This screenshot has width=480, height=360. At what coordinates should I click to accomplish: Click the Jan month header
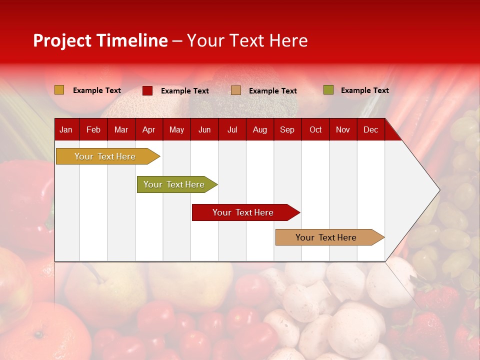pos(66,129)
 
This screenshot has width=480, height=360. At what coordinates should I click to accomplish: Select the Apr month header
pos(148,129)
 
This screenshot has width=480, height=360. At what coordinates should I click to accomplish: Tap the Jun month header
pos(204,129)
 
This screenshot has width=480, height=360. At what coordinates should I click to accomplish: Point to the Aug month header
pos(259,129)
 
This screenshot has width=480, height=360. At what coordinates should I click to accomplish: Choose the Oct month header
pos(315,129)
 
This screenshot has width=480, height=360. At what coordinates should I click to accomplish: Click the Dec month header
pos(370,129)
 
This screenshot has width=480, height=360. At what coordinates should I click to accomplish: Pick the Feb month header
pos(93,129)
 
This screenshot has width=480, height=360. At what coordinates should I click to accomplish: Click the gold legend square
pos(59,90)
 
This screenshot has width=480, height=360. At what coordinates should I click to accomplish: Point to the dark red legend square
pos(147,90)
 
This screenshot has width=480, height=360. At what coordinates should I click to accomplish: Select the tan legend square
pos(236,90)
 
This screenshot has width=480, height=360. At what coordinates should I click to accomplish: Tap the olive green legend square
pos(328,90)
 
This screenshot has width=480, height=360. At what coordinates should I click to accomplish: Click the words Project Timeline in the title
pos(100,40)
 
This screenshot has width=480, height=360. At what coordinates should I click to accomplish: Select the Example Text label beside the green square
pos(364,90)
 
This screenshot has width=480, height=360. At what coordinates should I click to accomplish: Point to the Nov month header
pos(343,129)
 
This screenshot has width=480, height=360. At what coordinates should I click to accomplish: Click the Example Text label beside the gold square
pos(97,90)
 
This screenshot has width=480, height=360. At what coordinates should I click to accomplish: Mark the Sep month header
pos(287,129)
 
